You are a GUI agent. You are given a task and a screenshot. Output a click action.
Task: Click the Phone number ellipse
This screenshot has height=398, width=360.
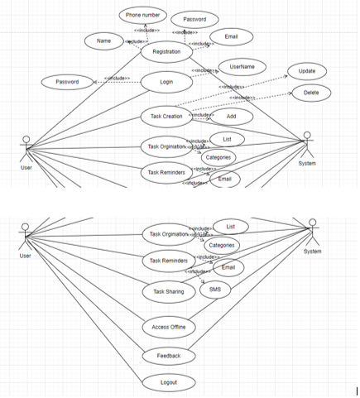(143, 16)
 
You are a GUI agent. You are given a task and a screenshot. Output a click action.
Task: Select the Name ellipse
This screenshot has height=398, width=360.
(104, 41)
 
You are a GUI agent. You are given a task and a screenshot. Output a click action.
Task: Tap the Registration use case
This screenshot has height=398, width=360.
(166, 52)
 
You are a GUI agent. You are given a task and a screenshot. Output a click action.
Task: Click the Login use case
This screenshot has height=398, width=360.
(167, 83)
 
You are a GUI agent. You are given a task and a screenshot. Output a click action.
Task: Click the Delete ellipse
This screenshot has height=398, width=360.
(310, 93)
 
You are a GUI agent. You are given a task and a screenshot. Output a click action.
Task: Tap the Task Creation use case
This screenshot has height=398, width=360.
(166, 115)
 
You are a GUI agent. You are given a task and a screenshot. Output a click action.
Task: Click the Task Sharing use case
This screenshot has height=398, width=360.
(169, 292)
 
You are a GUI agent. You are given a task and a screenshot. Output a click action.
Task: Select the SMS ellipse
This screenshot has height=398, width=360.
(215, 290)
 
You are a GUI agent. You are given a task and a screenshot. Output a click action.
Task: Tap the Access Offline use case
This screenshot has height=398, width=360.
(168, 327)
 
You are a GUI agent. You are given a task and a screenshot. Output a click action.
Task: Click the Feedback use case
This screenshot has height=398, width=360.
(168, 356)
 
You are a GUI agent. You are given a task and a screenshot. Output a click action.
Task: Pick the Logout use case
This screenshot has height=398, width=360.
(168, 382)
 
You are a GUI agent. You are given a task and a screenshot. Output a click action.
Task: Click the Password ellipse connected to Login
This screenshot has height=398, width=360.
(67, 82)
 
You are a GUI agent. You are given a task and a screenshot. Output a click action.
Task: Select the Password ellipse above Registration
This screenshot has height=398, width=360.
(194, 19)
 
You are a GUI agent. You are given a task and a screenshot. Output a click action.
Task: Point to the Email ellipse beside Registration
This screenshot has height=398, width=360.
(231, 37)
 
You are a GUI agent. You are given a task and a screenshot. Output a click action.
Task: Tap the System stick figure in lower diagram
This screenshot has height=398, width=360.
(312, 233)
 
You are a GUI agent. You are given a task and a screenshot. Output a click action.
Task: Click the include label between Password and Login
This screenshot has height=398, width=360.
(115, 79)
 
